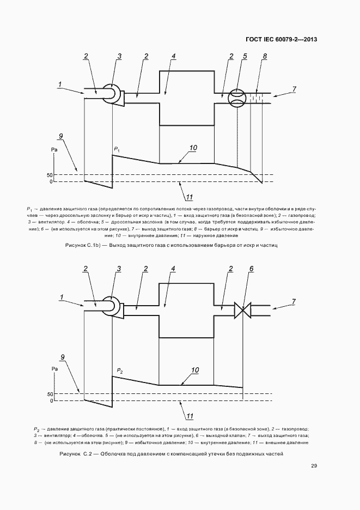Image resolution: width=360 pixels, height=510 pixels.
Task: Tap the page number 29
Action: [314, 466]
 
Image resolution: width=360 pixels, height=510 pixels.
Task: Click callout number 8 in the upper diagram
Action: [265, 57]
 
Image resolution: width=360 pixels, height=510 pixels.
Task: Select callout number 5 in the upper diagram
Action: [245, 57]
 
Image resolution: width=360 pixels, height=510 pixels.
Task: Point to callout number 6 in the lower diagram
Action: [251, 269]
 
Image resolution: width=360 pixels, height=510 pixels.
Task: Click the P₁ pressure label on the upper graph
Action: [117, 148]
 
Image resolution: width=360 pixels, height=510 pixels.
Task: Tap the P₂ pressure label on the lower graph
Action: [120, 371]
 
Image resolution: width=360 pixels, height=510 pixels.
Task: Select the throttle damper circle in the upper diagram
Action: [237, 99]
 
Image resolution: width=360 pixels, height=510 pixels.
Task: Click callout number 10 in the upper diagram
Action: [193, 147]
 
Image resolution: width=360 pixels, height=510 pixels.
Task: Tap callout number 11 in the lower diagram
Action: [190, 417]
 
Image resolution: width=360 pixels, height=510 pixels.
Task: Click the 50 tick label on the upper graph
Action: [49, 175]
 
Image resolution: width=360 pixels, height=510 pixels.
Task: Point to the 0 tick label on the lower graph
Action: [51, 400]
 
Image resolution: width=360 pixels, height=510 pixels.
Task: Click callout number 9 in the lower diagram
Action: [63, 357]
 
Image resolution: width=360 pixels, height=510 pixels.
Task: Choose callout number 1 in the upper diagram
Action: [60, 84]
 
